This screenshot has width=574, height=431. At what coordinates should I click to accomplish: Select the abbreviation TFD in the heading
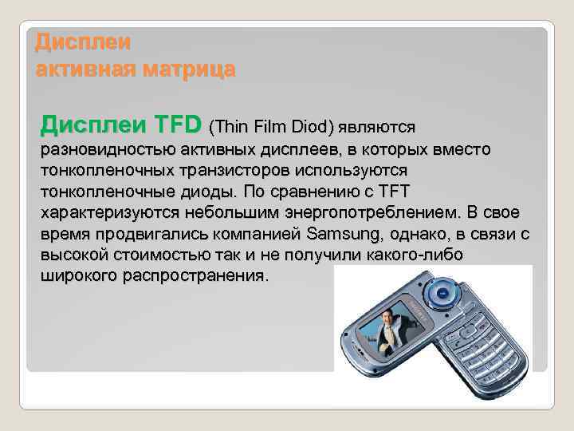point(179,125)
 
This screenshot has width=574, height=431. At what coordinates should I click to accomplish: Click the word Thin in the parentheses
point(229,126)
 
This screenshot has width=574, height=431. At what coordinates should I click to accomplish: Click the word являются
point(375,126)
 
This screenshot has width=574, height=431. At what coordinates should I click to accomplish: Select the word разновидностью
point(108,151)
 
